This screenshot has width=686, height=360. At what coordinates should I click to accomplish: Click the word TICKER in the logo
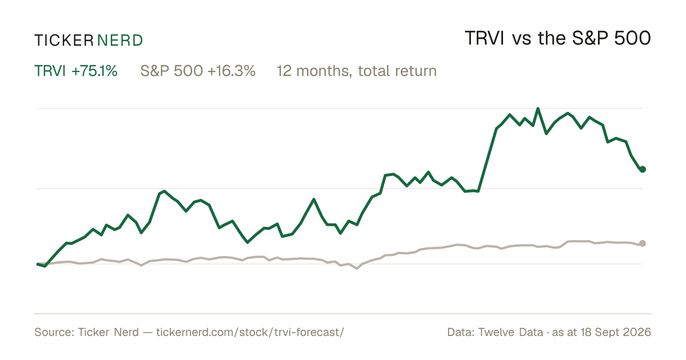(63, 41)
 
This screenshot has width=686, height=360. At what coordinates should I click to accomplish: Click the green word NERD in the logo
(119, 41)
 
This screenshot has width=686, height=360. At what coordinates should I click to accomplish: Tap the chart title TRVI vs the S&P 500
(558, 38)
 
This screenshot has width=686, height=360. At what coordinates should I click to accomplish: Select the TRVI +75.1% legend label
(75, 71)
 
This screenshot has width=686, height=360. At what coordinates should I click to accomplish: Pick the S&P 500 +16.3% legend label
(198, 71)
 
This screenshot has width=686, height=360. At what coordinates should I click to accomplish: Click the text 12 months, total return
(357, 71)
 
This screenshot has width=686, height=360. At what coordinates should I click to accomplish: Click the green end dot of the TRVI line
(643, 169)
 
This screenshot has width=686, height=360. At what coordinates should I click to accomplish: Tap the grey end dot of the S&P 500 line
(643, 243)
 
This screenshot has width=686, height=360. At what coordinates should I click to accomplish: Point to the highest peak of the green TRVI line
(538, 109)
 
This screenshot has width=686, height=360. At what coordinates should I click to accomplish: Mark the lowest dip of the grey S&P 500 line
(357, 269)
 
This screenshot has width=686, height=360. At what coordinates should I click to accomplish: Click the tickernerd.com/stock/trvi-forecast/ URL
(250, 332)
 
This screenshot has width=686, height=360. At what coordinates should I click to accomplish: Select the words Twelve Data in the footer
(510, 332)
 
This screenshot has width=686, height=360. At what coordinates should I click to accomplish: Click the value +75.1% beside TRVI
(94, 71)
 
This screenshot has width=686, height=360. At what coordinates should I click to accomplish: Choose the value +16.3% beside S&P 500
(231, 71)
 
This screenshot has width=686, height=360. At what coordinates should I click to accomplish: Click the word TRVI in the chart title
(485, 38)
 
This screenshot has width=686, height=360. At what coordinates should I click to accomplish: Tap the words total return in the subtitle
(397, 71)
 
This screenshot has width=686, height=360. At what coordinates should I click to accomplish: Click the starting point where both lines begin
(37, 264)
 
